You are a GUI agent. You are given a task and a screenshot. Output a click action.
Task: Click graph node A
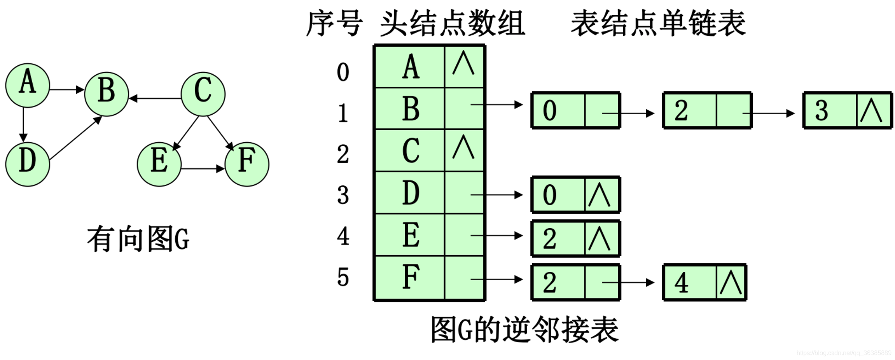pyautogui.click(x=28, y=85)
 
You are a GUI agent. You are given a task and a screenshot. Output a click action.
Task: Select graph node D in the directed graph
pyautogui.click(x=28, y=164)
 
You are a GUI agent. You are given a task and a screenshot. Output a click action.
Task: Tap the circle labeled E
pyautogui.click(x=159, y=164)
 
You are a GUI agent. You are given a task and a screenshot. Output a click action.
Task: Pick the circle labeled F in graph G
pyautogui.click(x=247, y=164)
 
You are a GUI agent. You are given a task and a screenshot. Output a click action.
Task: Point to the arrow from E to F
pyautogui.click(x=202, y=169)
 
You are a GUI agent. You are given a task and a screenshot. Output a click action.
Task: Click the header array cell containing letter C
pyautogui.click(x=410, y=150)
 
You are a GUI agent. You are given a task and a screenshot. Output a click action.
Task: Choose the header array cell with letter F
pyautogui.click(x=410, y=277)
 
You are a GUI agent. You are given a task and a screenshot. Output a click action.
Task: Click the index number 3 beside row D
pyautogui.click(x=343, y=195)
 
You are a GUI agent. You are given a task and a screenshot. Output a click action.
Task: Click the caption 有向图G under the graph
pyautogui.click(x=138, y=239)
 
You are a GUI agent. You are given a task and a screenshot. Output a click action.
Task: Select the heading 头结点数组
pyautogui.click(x=452, y=23)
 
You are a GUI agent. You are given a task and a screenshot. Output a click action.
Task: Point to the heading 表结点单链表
pyautogui.click(x=658, y=23)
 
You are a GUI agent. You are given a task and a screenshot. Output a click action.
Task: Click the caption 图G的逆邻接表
pyautogui.click(x=525, y=330)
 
